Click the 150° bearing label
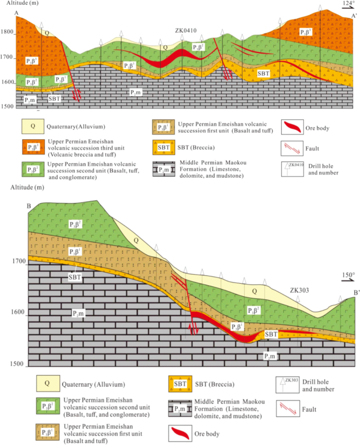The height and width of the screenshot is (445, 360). point(348,275)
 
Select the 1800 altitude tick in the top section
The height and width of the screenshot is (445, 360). point(8,32)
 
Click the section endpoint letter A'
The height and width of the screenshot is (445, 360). point(355,15)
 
